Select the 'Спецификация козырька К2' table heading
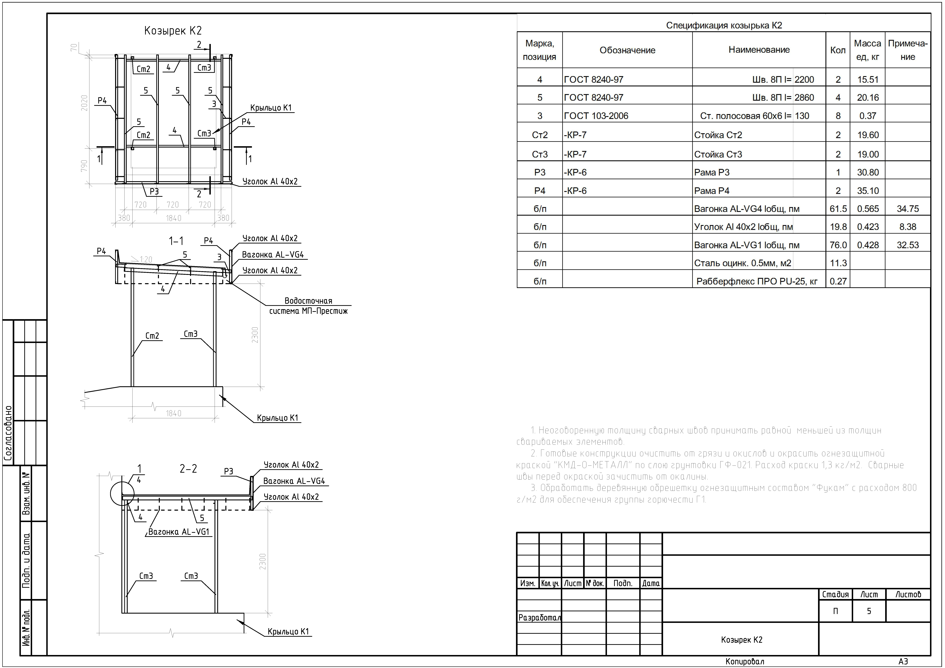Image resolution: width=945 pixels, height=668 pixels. pyautogui.click(x=724, y=26)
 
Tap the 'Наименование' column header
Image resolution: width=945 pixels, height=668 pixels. pyautogui.click(x=759, y=50)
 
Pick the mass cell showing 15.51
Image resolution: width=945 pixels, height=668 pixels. pyautogui.click(x=868, y=79)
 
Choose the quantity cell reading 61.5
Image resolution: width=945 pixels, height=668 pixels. pyautogui.click(x=838, y=209)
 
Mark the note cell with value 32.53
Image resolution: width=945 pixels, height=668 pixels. pyautogui.click(x=908, y=245)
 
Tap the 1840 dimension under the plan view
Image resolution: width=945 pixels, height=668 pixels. pyautogui.click(x=173, y=218)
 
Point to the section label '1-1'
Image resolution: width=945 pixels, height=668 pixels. pyautogui.click(x=176, y=241)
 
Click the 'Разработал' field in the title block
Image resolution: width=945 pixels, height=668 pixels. pyautogui.click(x=539, y=617)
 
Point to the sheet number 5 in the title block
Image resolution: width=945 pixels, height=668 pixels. pyautogui.click(x=869, y=611)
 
